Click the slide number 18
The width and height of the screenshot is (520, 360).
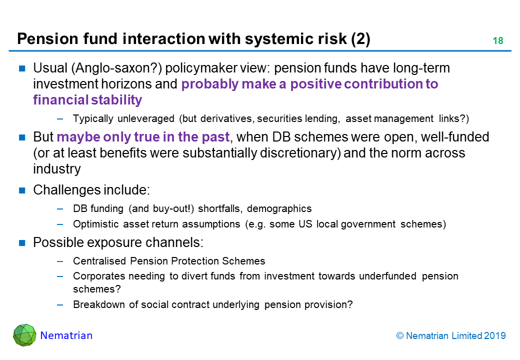click(x=498, y=41)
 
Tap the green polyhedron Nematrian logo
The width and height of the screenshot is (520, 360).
click(x=24, y=335)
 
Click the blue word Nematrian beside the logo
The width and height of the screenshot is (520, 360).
click(x=66, y=335)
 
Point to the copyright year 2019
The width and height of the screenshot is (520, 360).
click(x=495, y=336)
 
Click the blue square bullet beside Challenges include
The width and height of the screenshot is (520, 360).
click(x=22, y=190)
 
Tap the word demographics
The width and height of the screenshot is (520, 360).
click(x=279, y=209)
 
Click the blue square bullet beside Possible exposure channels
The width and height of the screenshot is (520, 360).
click(x=22, y=242)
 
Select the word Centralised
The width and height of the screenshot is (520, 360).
click(x=99, y=261)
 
